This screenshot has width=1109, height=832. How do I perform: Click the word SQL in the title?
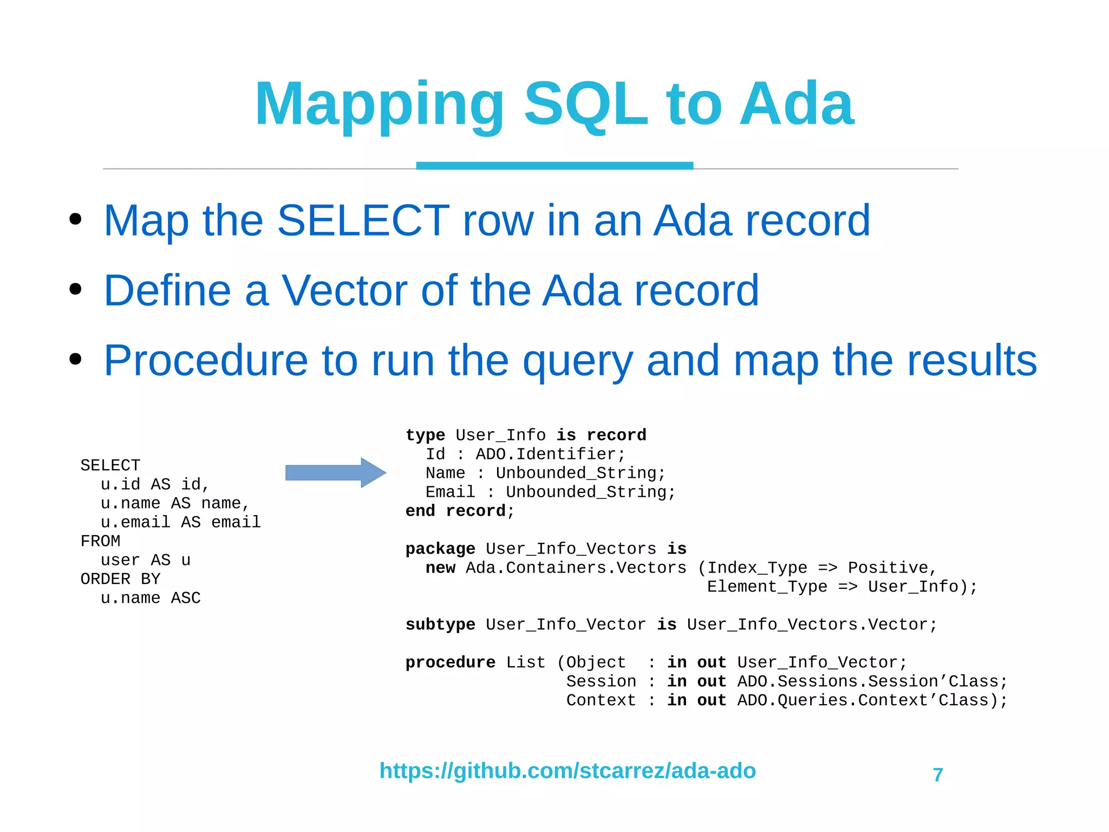point(586,104)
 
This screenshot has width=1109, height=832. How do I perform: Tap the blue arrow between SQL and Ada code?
point(335,473)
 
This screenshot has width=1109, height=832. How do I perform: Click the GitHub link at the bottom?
point(567,770)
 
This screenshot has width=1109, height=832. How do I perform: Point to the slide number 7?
point(938,775)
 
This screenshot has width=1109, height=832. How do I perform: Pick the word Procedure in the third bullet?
point(206,360)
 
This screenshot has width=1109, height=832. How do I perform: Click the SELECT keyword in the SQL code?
point(110,465)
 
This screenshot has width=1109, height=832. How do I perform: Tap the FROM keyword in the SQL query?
point(100,541)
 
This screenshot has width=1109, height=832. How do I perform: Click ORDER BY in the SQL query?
point(120,579)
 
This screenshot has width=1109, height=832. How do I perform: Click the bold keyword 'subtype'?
point(440,625)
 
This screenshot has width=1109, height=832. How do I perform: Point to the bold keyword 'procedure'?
point(450,662)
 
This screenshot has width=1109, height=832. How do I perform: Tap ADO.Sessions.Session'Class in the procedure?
point(867,681)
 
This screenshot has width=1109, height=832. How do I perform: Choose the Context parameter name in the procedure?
point(601,700)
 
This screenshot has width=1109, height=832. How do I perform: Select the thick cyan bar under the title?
point(554,166)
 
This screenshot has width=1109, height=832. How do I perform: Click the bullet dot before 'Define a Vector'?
point(75,289)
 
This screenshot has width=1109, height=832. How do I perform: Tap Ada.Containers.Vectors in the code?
point(576,568)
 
